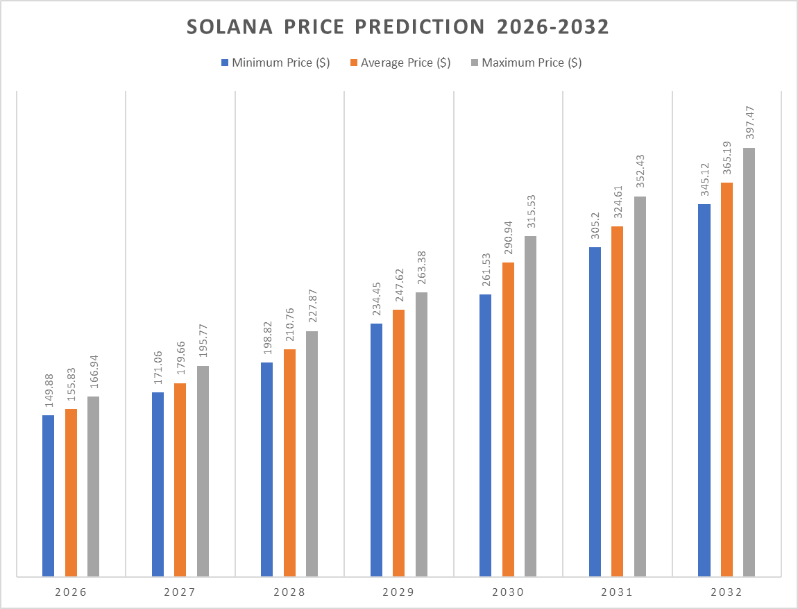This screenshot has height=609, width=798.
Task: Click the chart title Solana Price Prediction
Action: (398, 27)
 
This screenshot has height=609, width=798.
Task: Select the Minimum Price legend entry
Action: (275, 62)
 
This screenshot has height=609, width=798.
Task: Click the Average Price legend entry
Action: (400, 62)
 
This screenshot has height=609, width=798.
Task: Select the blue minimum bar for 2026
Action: (48, 496)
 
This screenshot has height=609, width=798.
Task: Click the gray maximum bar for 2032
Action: (749, 362)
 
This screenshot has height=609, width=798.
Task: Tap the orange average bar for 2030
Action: (508, 419)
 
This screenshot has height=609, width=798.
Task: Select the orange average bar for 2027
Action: (180, 480)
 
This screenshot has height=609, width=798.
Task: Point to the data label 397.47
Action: (749, 124)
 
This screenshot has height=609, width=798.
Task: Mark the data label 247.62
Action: (399, 285)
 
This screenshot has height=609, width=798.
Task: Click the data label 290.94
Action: (509, 238)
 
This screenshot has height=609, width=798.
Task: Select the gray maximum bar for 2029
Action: (421, 434)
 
